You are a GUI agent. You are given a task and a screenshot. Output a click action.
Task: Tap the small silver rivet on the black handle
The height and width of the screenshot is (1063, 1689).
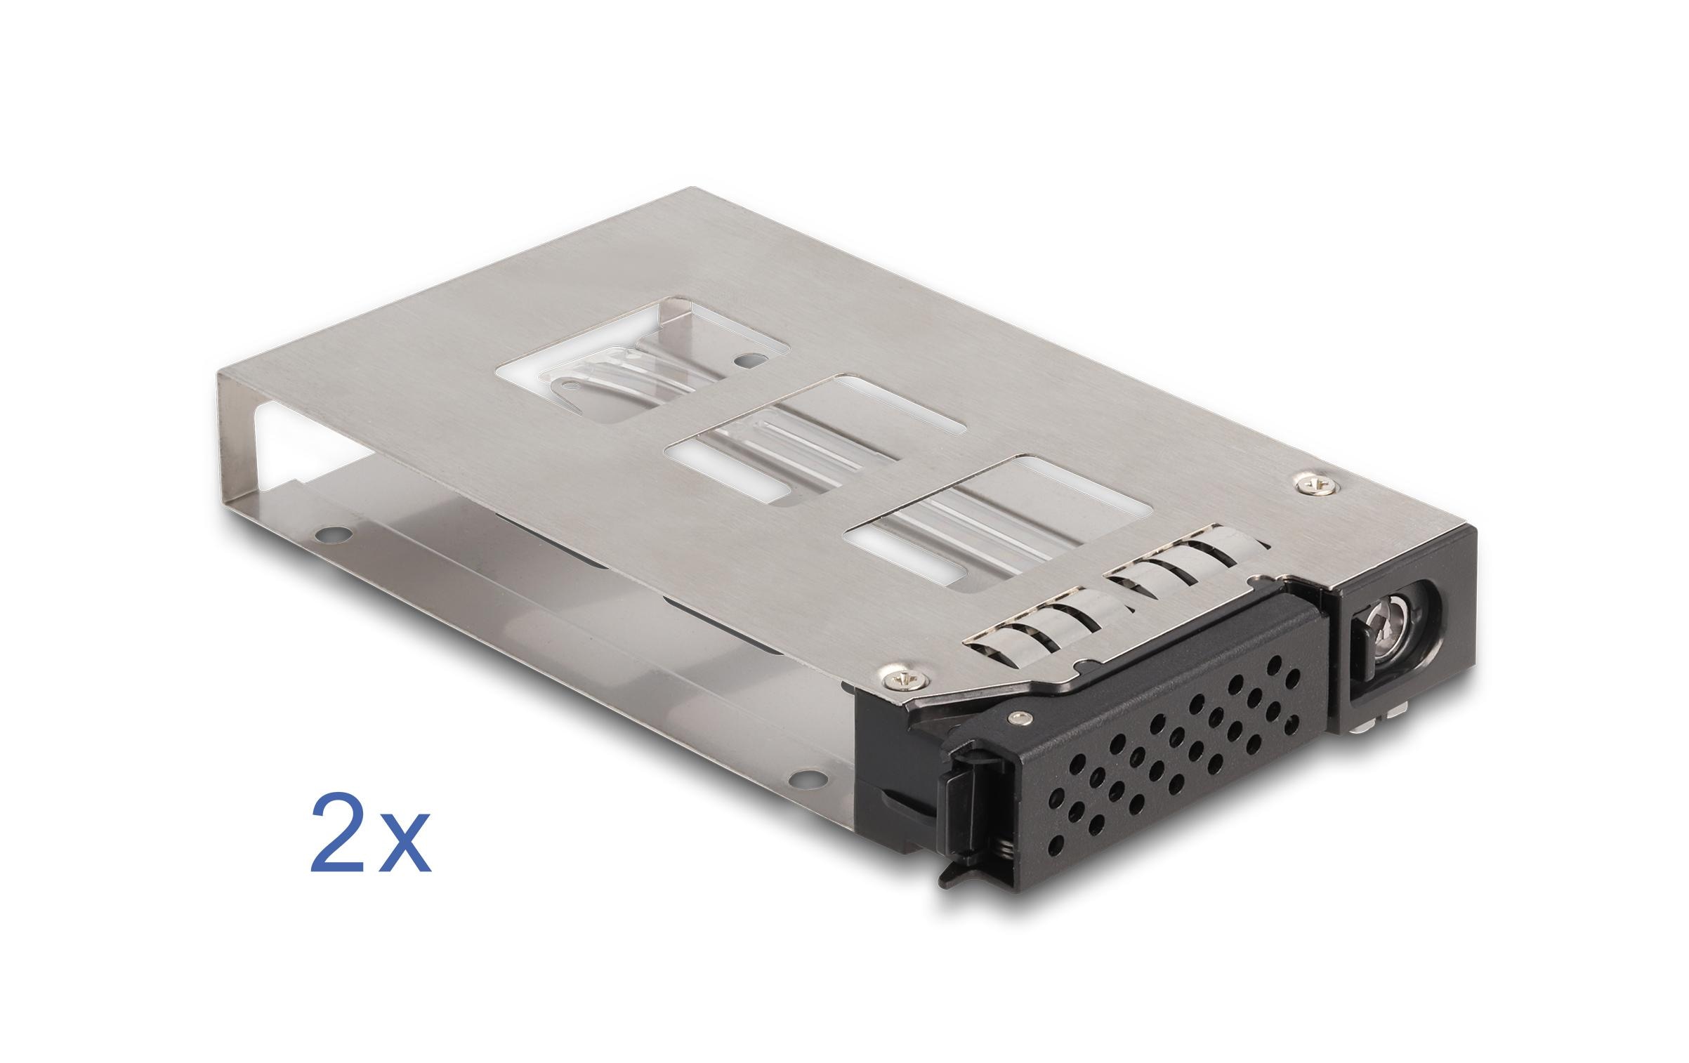[x=1016, y=718]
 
